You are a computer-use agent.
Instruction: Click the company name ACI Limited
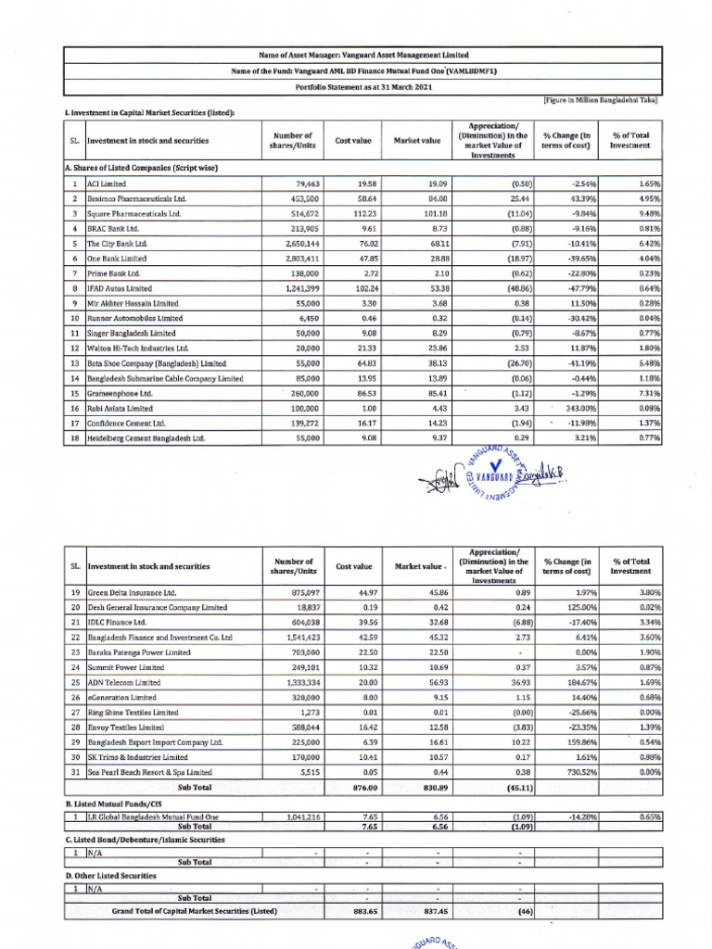pos(107,184)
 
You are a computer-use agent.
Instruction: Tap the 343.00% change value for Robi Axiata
pos(576,408)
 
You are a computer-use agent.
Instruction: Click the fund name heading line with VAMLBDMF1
pos(356,70)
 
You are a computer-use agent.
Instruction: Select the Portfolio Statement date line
pos(356,86)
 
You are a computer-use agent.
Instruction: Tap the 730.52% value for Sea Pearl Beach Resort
pos(576,772)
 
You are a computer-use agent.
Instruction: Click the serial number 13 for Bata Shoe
pos(73,363)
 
